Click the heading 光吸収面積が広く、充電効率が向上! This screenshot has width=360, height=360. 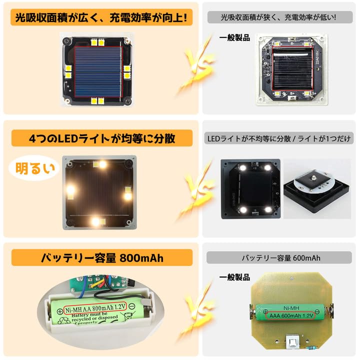click(x=101, y=18)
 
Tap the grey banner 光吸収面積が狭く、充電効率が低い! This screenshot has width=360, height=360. click(x=279, y=17)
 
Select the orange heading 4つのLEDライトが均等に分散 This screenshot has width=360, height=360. click(x=101, y=137)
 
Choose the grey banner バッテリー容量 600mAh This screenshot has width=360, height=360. click(x=281, y=257)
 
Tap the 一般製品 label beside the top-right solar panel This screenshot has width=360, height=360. click(x=234, y=38)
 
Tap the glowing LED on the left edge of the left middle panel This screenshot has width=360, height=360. click(x=70, y=189)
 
